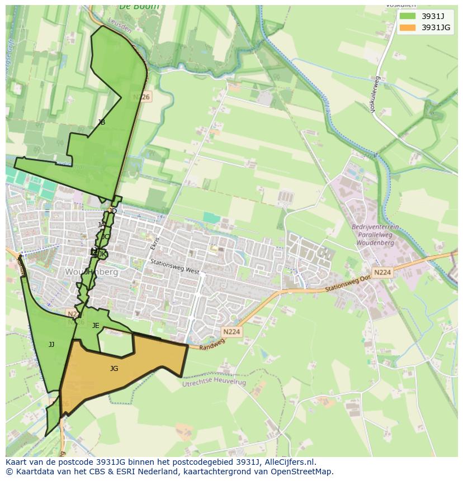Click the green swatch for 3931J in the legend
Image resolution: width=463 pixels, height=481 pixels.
pos(408,16)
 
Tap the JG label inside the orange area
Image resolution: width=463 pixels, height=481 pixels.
pos(114,369)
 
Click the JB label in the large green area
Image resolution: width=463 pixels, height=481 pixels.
pos(101,122)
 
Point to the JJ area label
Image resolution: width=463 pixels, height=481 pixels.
pos(51,345)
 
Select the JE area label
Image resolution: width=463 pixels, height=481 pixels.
pos(96,326)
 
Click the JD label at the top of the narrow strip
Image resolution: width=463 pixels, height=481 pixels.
pos(113,211)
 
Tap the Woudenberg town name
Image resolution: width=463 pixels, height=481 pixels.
pos(92,272)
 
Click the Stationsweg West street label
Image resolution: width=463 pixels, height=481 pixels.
pos(174,266)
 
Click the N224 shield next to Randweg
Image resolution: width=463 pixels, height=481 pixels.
pos(231,332)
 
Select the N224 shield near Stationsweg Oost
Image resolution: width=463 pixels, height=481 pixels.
pos(382,273)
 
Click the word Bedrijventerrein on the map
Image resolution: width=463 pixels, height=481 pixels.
pos(375,227)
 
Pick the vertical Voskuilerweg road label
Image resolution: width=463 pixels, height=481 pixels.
pos(375,95)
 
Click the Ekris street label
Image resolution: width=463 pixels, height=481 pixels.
pos(155,244)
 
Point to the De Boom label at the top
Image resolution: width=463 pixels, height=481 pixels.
pos(139,7)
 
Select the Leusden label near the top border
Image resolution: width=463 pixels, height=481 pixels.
pos(120,25)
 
